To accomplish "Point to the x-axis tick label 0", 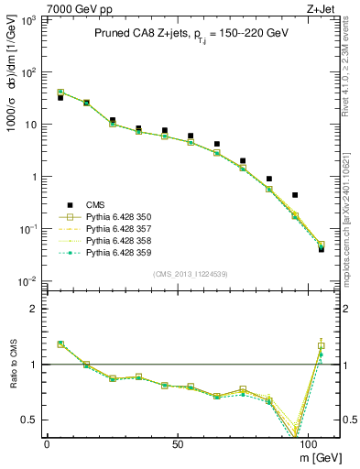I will (x=47, y=443).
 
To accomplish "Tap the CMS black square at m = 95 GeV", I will (x=295, y=194).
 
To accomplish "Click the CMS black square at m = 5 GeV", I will (x=60, y=97).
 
